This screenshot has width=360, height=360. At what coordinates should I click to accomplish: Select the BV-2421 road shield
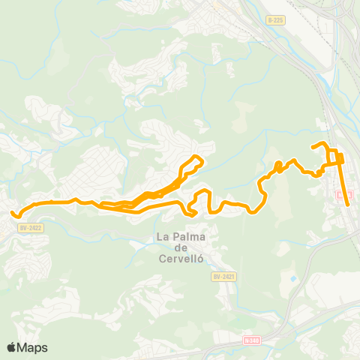click(219, 277)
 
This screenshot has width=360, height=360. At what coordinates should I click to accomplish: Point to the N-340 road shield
click(253, 340)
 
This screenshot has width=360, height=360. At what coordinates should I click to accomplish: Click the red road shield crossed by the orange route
click(344, 195)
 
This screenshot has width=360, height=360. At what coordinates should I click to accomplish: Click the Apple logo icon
click(12, 347)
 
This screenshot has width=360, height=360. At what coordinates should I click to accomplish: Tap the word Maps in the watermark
click(33, 347)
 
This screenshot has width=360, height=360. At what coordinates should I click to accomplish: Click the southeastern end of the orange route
click(348, 203)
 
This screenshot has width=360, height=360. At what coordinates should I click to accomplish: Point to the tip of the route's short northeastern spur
click(313, 147)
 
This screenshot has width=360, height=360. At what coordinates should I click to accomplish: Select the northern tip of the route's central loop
click(198, 156)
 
